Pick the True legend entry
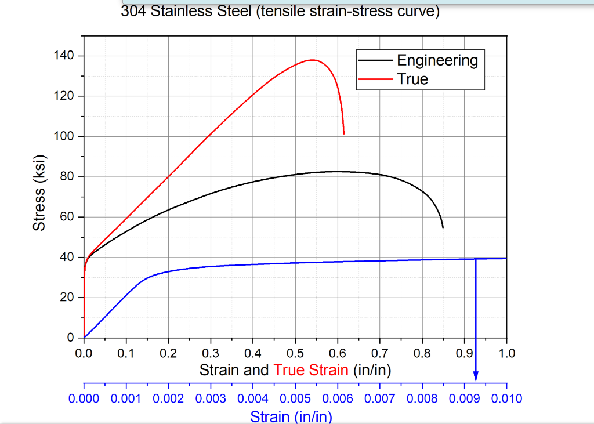(x=412, y=79)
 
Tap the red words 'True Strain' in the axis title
(x=311, y=370)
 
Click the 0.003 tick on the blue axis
(x=211, y=398)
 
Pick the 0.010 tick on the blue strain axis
(x=506, y=398)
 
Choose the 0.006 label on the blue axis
(x=338, y=398)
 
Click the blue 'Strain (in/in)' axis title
(x=291, y=416)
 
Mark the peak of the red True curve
(x=313, y=60)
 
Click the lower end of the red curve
(x=344, y=133)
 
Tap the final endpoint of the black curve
(x=443, y=227)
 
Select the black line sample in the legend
(x=376, y=60)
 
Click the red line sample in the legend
(x=376, y=79)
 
